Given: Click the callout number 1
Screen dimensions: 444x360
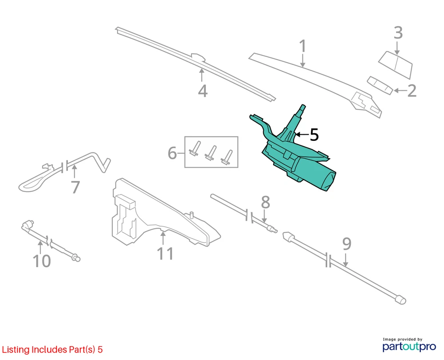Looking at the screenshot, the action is pyautogui.click(x=303, y=46).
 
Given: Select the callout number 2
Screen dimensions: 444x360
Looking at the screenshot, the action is pyautogui.click(x=412, y=91).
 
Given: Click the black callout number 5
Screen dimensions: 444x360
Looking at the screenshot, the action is pyautogui.click(x=314, y=134).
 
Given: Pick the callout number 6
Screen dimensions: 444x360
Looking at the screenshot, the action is pyautogui.click(x=172, y=153).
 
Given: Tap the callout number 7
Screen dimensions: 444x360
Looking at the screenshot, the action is pyautogui.click(x=75, y=187).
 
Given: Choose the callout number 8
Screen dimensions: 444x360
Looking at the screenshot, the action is pyautogui.click(x=266, y=202).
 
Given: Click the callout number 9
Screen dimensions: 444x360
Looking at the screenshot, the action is pyautogui.click(x=347, y=244).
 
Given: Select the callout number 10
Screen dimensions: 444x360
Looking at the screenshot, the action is pyautogui.click(x=42, y=261).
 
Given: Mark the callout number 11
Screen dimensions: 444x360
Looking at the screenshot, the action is pyautogui.click(x=165, y=253).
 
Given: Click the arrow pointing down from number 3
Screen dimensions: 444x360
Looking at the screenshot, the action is pyautogui.click(x=397, y=48).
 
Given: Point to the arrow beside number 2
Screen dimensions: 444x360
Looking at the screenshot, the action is pyautogui.click(x=400, y=91).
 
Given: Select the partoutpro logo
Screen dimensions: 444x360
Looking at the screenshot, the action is pyautogui.click(x=409, y=345).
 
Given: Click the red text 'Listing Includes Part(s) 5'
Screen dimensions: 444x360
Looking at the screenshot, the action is pyautogui.click(x=52, y=349).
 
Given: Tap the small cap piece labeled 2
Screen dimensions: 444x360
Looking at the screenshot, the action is pyautogui.click(x=380, y=85).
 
